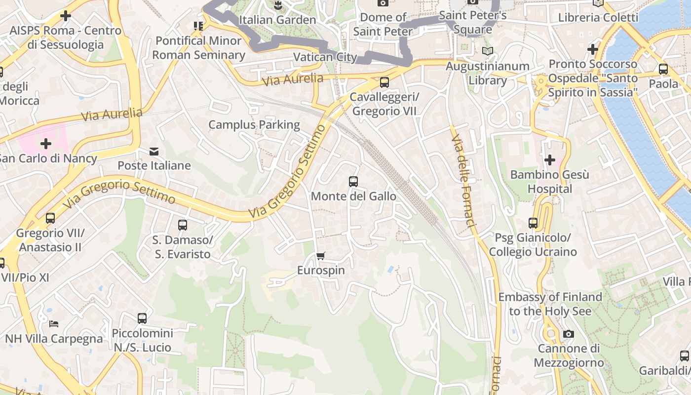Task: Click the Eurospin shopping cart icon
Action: (x=321, y=256)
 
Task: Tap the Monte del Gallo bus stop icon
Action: (x=353, y=181)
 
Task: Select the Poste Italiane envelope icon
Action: (x=154, y=151)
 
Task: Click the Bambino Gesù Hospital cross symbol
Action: (x=549, y=159)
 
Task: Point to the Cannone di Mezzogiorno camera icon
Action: (x=569, y=334)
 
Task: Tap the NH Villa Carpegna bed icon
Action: (x=54, y=324)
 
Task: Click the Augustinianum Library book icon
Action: (x=487, y=51)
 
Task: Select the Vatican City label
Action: (x=325, y=57)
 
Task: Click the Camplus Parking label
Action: (x=254, y=124)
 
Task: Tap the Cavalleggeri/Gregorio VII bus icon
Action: (x=384, y=82)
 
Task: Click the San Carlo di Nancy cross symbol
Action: (x=46, y=144)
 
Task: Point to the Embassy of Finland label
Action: (x=550, y=304)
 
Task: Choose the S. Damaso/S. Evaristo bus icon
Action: (x=182, y=225)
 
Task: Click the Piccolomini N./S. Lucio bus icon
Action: (x=142, y=318)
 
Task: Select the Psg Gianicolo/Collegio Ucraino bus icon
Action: (x=533, y=223)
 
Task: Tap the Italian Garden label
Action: (x=277, y=20)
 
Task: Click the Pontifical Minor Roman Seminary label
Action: (x=198, y=47)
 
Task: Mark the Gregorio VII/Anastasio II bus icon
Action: (x=50, y=218)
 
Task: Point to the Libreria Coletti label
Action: (x=598, y=18)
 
